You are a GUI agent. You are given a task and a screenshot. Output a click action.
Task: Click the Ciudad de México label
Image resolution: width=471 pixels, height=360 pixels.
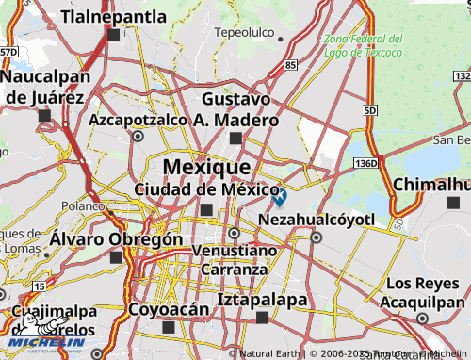206,189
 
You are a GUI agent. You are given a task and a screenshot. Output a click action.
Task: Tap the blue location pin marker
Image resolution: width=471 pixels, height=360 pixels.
279,196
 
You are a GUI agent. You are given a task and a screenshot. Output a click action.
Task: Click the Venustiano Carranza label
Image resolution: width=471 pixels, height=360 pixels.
235,260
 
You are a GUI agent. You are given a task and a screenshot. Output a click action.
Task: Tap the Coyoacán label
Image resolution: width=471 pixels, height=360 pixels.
168,309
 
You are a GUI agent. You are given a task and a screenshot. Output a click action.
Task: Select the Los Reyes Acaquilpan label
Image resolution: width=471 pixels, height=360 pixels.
425,292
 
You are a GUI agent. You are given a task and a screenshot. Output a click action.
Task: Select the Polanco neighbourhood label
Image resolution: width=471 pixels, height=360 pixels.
82,205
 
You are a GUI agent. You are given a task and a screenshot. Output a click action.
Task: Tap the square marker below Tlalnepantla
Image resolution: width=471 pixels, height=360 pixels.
114,36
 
